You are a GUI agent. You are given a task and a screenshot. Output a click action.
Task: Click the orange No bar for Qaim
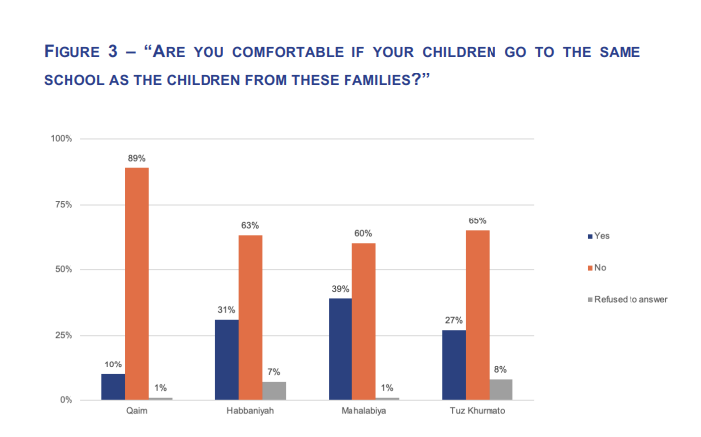(x=136, y=283)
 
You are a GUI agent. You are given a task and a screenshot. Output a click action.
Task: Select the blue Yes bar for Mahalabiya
(x=340, y=349)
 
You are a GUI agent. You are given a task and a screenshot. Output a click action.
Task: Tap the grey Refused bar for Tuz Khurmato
(x=500, y=389)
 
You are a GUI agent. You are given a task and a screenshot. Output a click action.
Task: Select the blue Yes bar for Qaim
(x=112, y=386)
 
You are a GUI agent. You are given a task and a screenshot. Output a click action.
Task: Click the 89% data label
(x=136, y=157)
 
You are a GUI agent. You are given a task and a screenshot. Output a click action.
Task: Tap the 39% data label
(x=340, y=288)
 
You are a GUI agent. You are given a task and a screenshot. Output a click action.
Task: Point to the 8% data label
(x=500, y=369)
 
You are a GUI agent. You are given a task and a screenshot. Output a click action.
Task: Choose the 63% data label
(x=250, y=225)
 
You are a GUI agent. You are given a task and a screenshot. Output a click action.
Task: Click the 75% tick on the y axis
(x=62, y=204)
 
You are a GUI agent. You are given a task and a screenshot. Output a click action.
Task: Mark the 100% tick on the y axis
(x=60, y=138)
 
